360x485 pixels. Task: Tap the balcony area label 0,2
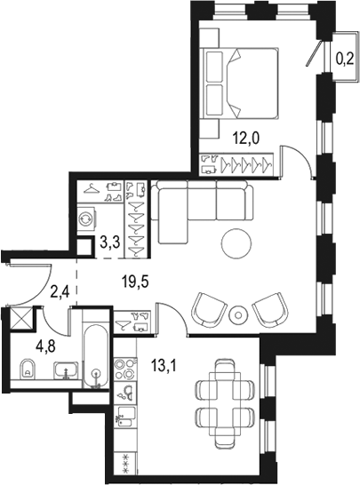pyautogui.click(x=344, y=60)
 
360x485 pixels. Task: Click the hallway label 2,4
pyautogui.click(x=60, y=288)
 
